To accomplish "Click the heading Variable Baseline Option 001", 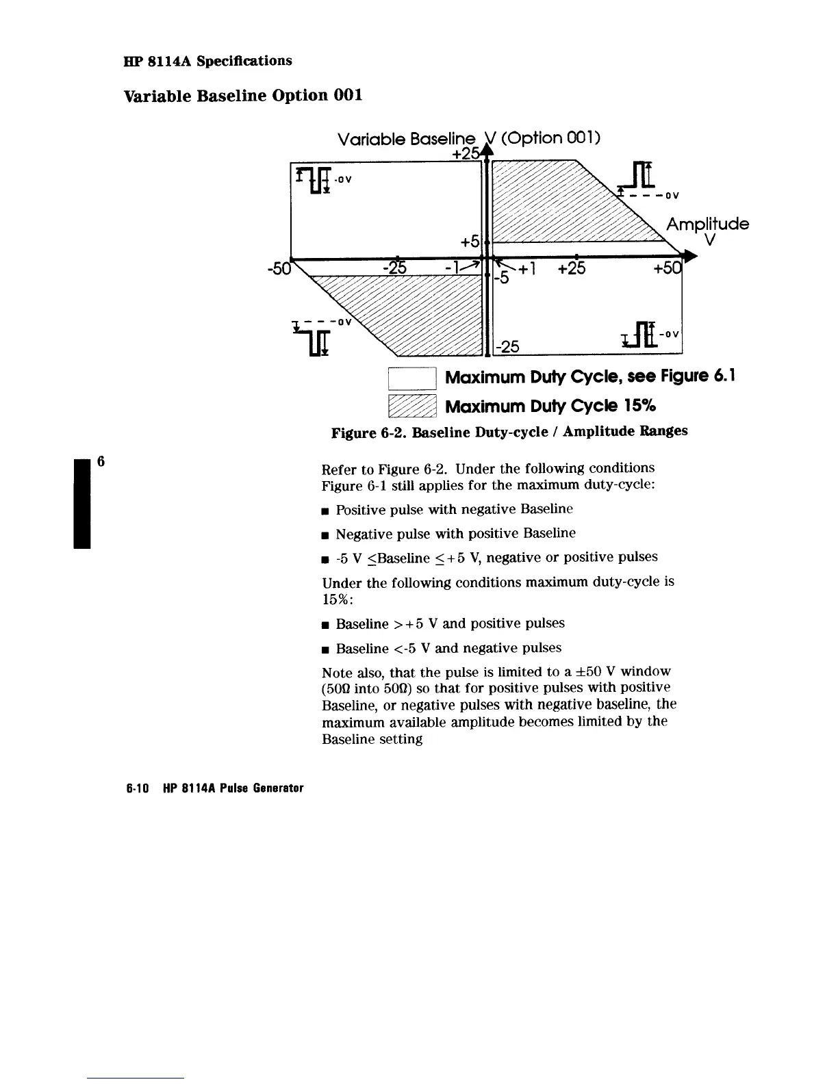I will coord(242,95).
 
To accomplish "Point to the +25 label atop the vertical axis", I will coord(465,154).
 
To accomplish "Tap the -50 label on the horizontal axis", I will coord(278,268).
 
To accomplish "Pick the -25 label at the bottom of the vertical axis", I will coord(508,347).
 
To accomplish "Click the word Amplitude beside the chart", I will coord(707,224).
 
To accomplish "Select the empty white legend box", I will coord(412,378).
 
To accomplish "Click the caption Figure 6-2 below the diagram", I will coord(509,432).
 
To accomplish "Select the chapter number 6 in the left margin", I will coord(100,461).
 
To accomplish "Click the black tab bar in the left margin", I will coord(82,501).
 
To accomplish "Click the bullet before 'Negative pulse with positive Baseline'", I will coord(326,534).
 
